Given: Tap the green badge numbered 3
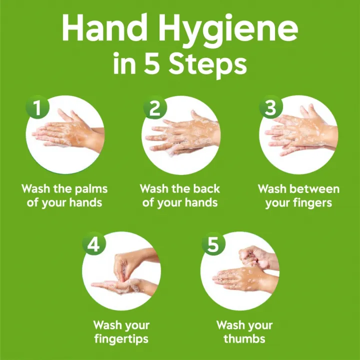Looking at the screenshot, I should [x=271, y=107].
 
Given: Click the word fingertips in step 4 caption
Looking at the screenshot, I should [x=121, y=339].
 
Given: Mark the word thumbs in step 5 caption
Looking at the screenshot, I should [x=245, y=339].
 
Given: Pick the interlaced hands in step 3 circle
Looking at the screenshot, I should [x=300, y=132].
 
